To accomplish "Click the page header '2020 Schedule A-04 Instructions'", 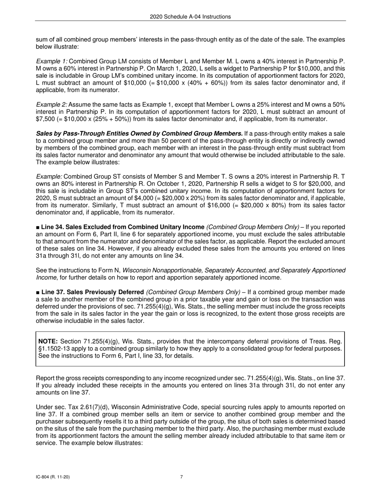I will coord(190,17).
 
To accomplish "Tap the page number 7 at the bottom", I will coord(182,477).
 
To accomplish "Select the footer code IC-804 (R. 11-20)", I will coord(53,477).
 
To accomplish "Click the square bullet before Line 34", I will coord(38,227).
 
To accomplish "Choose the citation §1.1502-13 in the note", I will coord(57,348).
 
